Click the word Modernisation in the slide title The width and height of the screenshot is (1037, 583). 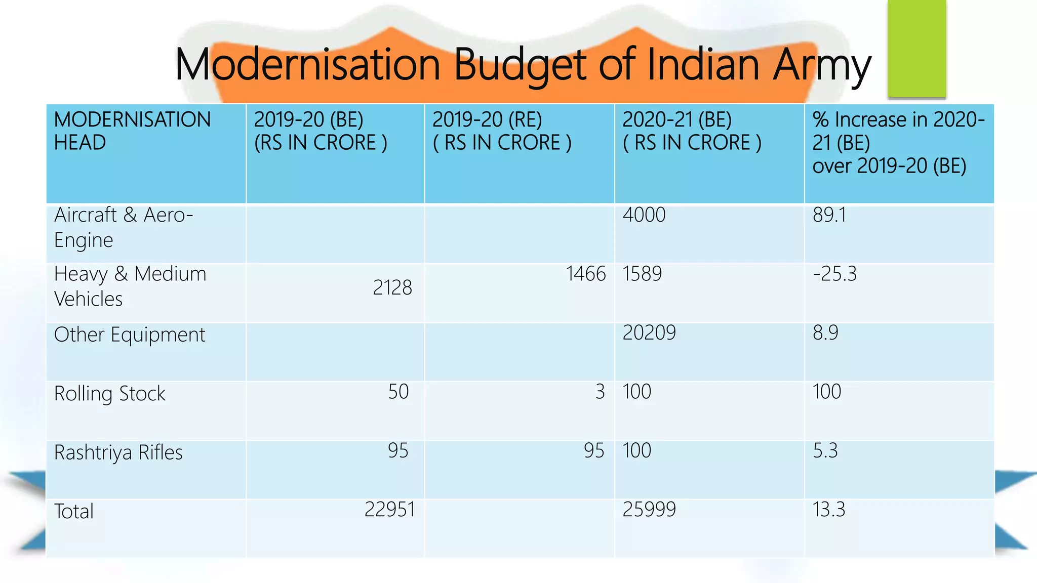tap(307, 65)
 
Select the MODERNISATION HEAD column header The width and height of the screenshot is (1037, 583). tap(132, 131)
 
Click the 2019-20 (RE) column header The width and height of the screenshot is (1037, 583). tap(502, 131)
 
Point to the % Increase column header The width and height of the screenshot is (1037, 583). tap(898, 143)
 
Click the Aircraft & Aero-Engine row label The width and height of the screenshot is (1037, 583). tap(124, 227)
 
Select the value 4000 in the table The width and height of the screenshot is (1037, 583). tap(644, 215)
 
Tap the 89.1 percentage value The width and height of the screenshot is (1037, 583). tap(829, 215)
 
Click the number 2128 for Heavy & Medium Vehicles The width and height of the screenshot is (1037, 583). tap(392, 288)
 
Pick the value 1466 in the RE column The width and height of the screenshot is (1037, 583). tap(586, 274)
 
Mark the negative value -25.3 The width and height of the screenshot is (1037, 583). tap(834, 274)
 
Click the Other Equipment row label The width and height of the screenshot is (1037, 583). tap(130, 335)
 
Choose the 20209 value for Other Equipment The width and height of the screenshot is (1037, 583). tap(649, 333)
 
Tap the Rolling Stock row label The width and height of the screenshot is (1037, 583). tap(110, 394)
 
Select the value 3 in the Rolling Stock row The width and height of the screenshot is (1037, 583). tap(600, 392)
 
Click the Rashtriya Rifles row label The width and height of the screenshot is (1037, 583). tap(118, 452)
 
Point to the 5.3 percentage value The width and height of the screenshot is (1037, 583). tap(825, 450)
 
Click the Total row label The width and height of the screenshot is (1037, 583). tap(74, 512)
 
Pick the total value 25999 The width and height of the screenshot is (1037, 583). tap(649, 510)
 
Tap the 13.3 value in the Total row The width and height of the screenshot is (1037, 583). tap(829, 510)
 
